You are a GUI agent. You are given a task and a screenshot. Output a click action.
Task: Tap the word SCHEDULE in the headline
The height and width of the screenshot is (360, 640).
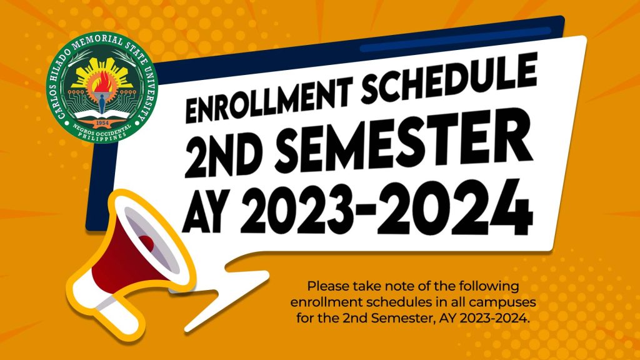449,77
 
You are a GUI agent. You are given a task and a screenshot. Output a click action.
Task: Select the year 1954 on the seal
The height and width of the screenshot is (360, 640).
102,122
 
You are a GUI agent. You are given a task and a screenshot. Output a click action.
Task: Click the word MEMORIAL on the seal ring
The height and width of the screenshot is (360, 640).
100,42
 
